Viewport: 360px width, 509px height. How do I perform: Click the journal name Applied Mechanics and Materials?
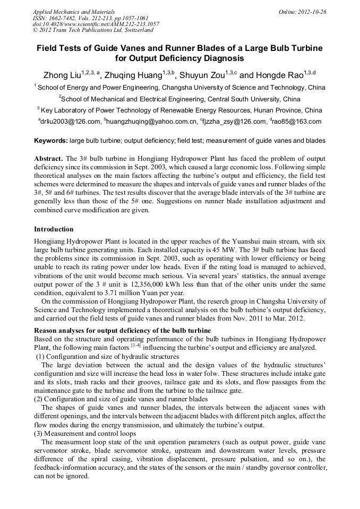pyautogui.click(x=73, y=11)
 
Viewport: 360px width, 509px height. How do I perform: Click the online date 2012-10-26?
pyautogui.click(x=311, y=11)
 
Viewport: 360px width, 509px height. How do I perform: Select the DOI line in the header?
pyautogui.click(x=96, y=24)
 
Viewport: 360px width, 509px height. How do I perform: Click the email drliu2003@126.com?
pyautogui.click(x=70, y=122)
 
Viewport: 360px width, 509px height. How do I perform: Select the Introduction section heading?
pyautogui.click(x=54, y=229)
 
